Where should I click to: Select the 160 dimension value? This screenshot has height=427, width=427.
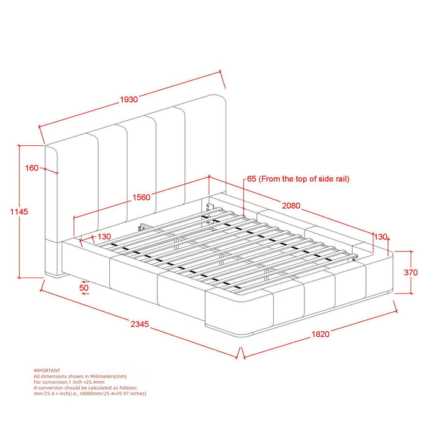[32, 168]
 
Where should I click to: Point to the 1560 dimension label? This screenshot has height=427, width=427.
[142, 198]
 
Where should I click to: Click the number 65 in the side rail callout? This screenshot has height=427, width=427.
[251, 179]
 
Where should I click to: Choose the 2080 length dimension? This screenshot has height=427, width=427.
[290, 206]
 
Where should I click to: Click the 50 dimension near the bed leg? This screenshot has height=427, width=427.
[84, 286]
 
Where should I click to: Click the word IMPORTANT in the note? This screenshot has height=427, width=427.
[46, 370]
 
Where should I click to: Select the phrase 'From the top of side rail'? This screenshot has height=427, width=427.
[305, 179]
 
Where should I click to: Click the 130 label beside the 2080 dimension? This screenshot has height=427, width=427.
[381, 237]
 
